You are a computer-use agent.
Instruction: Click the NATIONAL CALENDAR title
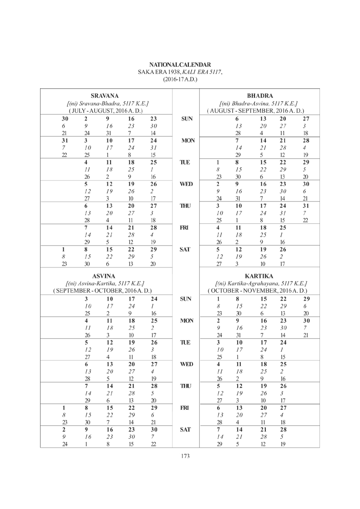click(x=180, y=65)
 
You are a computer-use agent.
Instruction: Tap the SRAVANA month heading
click(x=105, y=96)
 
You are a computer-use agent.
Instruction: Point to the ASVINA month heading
click(x=105, y=276)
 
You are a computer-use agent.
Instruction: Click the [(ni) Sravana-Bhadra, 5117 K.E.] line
click(x=106, y=103)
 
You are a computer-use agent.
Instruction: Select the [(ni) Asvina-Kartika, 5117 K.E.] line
click(x=105, y=283)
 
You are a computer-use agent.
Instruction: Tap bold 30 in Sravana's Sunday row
click(x=65, y=119)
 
